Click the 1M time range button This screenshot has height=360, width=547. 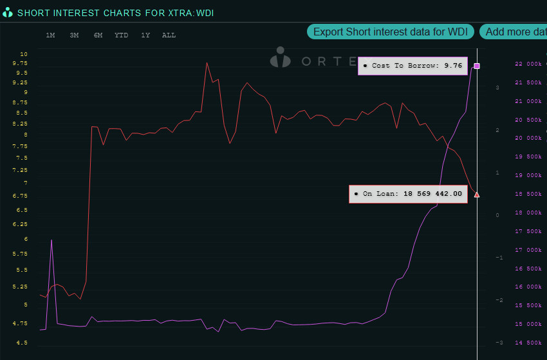coord(50,35)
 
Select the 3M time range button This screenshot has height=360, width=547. coord(74,35)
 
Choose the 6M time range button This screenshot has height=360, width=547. coord(98,35)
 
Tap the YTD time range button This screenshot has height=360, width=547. coord(121,35)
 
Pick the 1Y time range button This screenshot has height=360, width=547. coord(145,35)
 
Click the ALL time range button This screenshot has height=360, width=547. coord(169,35)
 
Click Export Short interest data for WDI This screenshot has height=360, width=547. coord(391,32)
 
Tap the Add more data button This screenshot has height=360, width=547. coord(514,32)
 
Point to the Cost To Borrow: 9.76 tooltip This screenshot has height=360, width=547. coord(413,66)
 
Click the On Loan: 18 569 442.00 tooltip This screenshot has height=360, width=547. coord(408,193)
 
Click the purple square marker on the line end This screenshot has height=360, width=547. coord(477,66)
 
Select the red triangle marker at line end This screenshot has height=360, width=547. coord(477,194)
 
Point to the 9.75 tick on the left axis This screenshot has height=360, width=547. coord(19,64)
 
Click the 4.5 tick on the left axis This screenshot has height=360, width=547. coord(22,343)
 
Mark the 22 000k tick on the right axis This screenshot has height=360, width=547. coord(528,64)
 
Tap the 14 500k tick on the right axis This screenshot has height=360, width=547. coord(528,343)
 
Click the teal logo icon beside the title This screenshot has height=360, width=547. coord(8,12)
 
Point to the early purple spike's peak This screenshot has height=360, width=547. coord(51,240)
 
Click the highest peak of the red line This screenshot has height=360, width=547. coord(207,62)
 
